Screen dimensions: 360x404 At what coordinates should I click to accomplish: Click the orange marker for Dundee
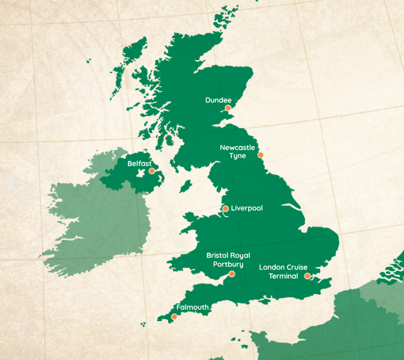[x=228, y=108]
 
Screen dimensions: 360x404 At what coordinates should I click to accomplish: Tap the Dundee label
[x=218, y=100]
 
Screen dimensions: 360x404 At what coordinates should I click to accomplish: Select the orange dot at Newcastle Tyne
[x=260, y=154]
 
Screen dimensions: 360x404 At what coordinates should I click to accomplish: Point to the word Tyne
[x=237, y=156]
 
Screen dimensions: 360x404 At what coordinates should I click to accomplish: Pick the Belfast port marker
[x=152, y=171]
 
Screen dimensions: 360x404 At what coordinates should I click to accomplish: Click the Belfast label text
[x=139, y=164]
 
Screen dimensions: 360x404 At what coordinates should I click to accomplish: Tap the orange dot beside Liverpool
[x=225, y=209]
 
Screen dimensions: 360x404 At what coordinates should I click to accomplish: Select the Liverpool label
[x=247, y=208]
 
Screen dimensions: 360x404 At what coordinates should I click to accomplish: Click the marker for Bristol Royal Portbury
[x=232, y=274]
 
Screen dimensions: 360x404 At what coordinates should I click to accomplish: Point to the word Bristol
[x=217, y=255]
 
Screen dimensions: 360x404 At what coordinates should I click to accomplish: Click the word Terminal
[x=283, y=276]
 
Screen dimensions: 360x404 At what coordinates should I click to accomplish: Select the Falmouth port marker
[x=174, y=316]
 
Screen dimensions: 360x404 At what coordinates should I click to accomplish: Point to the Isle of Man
[x=186, y=187]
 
